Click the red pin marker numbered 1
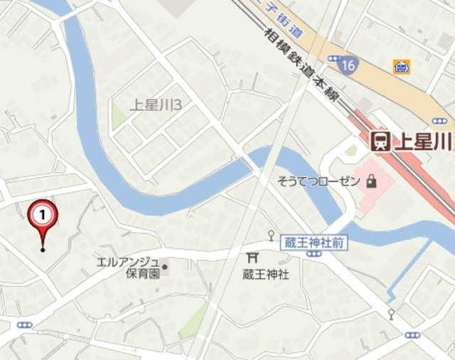point(43,213)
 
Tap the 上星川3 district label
point(156,105)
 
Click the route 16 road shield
point(348,65)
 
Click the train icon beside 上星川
point(381,141)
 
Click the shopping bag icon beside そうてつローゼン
point(370,181)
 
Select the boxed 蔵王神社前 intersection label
point(314,243)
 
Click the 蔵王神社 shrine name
point(266,274)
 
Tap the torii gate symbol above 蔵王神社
point(252,258)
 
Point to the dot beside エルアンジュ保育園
point(165,268)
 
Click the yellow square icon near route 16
point(401,66)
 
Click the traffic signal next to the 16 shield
point(335,58)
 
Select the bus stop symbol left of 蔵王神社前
point(271,235)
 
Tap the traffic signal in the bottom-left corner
point(25,325)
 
